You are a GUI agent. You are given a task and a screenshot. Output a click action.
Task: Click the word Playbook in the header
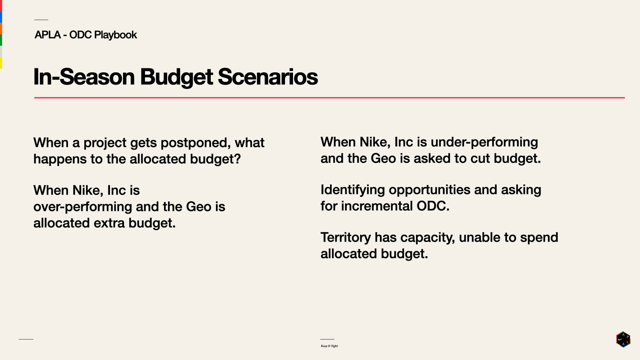115,35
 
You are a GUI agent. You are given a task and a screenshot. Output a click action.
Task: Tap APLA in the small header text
48,35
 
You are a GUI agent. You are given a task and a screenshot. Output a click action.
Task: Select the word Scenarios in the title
268,77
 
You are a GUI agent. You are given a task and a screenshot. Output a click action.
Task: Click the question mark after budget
237,159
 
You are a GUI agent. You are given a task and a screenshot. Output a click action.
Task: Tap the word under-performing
484,142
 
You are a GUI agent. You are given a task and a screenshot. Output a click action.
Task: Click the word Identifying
353,190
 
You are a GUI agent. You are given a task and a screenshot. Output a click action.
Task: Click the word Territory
346,238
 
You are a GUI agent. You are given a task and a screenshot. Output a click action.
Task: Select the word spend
539,238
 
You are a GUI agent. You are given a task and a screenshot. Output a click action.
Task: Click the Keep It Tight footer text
329,346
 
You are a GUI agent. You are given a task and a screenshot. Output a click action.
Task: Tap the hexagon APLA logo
623,339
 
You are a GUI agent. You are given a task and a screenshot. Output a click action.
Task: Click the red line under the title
329,98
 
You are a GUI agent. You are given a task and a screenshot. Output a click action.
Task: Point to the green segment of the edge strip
1,40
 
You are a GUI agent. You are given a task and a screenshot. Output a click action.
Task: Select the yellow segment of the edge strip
1,63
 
